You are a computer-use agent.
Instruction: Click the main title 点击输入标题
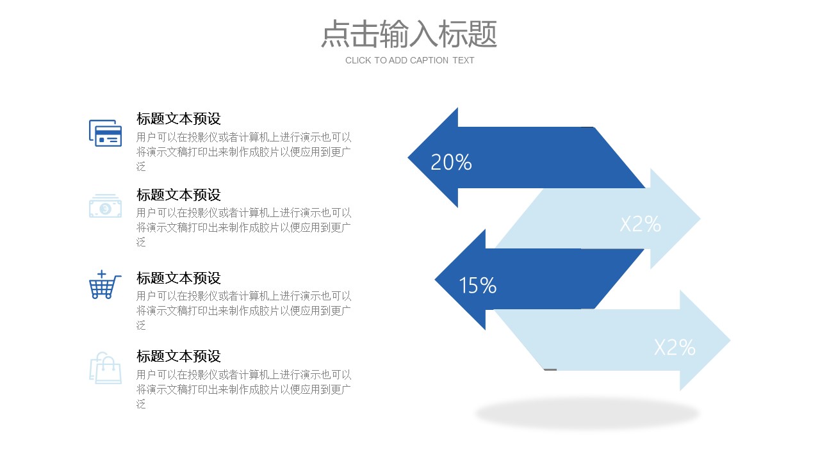(x=409, y=34)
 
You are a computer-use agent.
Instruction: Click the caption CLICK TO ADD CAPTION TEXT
(x=409, y=60)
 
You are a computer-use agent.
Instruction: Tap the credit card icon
(x=106, y=133)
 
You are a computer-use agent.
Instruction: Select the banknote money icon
(x=106, y=206)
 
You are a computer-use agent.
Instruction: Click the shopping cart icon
(x=105, y=285)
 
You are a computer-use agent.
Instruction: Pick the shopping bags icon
(x=106, y=368)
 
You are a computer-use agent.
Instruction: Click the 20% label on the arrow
(x=451, y=162)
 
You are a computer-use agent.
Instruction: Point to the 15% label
(x=477, y=286)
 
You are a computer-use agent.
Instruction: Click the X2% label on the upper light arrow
(x=641, y=224)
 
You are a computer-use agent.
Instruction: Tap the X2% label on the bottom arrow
(x=675, y=347)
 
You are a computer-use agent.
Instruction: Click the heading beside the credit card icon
(x=179, y=119)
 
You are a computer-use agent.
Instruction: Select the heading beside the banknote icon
(x=179, y=195)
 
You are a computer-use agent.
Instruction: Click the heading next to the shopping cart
(x=179, y=279)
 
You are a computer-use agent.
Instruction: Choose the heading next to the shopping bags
(x=179, y=357)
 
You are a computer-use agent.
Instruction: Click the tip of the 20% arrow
(x=408, y=158)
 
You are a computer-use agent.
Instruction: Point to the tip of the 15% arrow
(x=435, y=280)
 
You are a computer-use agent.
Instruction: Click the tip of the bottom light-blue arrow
(x=731, y=341)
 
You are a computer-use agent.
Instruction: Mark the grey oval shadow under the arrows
(x=587, y=414)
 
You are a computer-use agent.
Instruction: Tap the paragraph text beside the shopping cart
(x=244, y=311)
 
